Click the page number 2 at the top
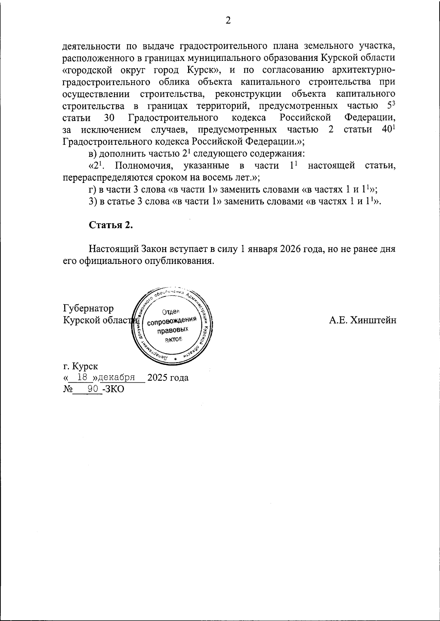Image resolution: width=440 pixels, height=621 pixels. tap(228, 21)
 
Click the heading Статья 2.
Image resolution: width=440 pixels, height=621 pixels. tap(111, 225)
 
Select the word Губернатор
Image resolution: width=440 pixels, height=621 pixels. tap(88, 308)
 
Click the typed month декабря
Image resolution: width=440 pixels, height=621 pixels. tap(117, 377)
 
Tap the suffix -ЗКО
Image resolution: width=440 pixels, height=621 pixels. tap(113, 389)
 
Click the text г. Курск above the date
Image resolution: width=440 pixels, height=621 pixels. tap(80, 366)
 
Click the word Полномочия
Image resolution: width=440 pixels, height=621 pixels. tap(143, 165)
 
